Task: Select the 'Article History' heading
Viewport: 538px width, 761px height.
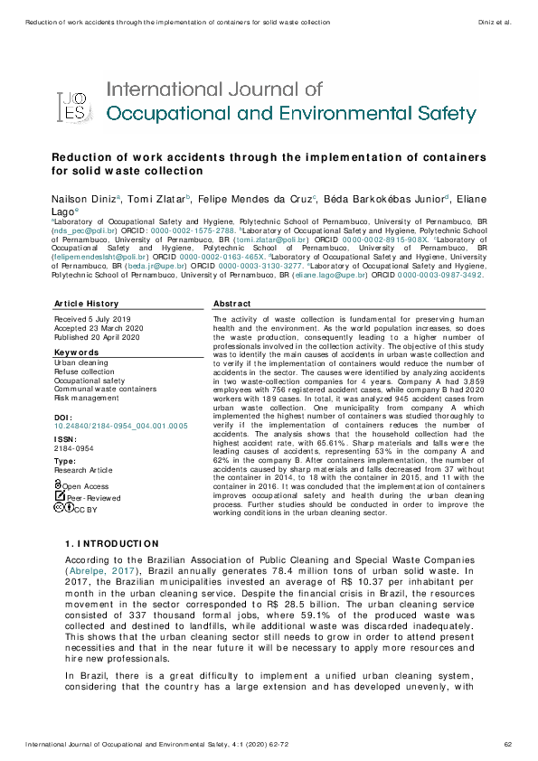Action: click(x=86, y=304)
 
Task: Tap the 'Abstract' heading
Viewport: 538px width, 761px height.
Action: click(x=231, y=304)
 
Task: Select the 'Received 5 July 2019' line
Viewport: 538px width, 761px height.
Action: click(x=92, y=320)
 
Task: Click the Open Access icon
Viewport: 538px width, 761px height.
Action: click(x=59, y=485)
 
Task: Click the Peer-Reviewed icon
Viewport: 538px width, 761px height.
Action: click(x=60, y=497)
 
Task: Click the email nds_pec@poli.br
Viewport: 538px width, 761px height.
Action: click(x=80, y=230)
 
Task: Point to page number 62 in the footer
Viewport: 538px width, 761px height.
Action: click(x=508, y=744)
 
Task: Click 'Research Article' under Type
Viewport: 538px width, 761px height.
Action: click(x=84, y=470)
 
